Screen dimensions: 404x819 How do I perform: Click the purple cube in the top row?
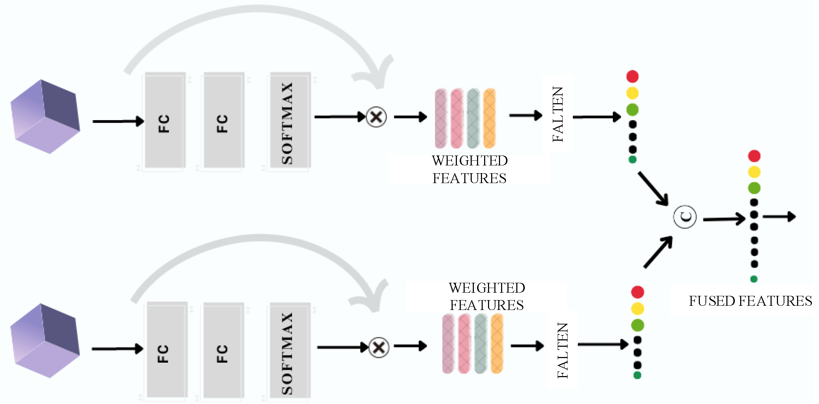[45, 117]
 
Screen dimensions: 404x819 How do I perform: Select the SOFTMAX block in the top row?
[290, 120]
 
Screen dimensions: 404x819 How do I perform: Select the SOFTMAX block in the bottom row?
[290, 350]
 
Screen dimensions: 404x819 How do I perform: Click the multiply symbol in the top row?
[376, 117]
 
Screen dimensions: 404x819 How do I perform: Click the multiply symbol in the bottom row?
[379, 347]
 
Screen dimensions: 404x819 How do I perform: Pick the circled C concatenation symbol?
[685, 217]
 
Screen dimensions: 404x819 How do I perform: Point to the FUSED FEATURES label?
[750, 301]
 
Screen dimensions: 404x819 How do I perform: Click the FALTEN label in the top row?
[558, 114]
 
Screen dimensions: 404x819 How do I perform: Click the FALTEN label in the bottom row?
[562, 350]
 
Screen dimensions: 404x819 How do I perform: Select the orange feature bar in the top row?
[489, 118]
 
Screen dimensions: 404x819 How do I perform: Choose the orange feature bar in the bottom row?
[497, 344]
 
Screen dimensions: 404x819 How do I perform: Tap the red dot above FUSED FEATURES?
[754, 156]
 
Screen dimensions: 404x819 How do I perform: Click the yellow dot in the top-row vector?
[632, 93]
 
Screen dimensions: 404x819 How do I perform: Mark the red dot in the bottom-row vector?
[637, 292]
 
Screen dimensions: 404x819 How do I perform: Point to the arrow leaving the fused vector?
[779, 216]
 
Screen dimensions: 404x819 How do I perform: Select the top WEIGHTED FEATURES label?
[470, 169]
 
